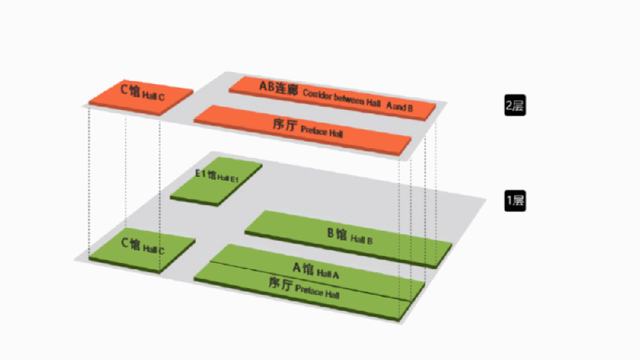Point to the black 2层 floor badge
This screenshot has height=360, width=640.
pyautogui.click(x=515, y=106)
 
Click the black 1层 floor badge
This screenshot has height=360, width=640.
pyautogui.click(x=515, y=201)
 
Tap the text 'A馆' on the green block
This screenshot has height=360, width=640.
pyautogui.click(x=303, y=269)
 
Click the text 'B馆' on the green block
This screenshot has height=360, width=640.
pyautogui.click(x=337, y=234)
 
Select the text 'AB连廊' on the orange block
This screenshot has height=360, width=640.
pyautogui.click(x=279, y=88)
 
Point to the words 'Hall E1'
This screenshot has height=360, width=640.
pyautogui.click(x=228, y=178)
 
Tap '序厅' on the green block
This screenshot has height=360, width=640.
pyautogui.click(x=281, y=283)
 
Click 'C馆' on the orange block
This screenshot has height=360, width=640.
pyautogui.click(x=130, y=90)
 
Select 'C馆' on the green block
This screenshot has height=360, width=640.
pyautogui.click(x=130, y=244)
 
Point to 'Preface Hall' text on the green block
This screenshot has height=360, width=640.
pyautogui.click(x=317, y=291)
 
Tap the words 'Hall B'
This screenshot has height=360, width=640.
pyautogui.click(x=361, y=239)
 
